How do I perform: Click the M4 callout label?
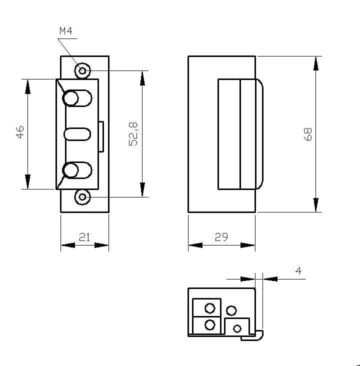[65, 31]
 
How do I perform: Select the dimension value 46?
[19, 133]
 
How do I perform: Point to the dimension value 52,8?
[133, 133]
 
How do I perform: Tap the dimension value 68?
[307, 133]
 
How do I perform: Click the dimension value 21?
[84, 237]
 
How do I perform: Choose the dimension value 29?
[221, 237]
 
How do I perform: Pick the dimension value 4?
[298, 270]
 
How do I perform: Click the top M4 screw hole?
[82, 70]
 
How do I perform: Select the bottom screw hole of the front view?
[82, 197]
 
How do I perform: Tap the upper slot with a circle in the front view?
[77, 97]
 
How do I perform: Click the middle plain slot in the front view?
[77, 134]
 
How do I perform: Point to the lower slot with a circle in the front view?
[77, 170]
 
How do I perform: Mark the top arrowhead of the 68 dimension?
[316, 63]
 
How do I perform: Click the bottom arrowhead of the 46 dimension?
[27, 182]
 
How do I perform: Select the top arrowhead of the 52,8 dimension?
[142, 78]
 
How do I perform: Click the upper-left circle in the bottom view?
[210, 307]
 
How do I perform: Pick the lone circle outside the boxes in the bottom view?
[231, 310]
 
